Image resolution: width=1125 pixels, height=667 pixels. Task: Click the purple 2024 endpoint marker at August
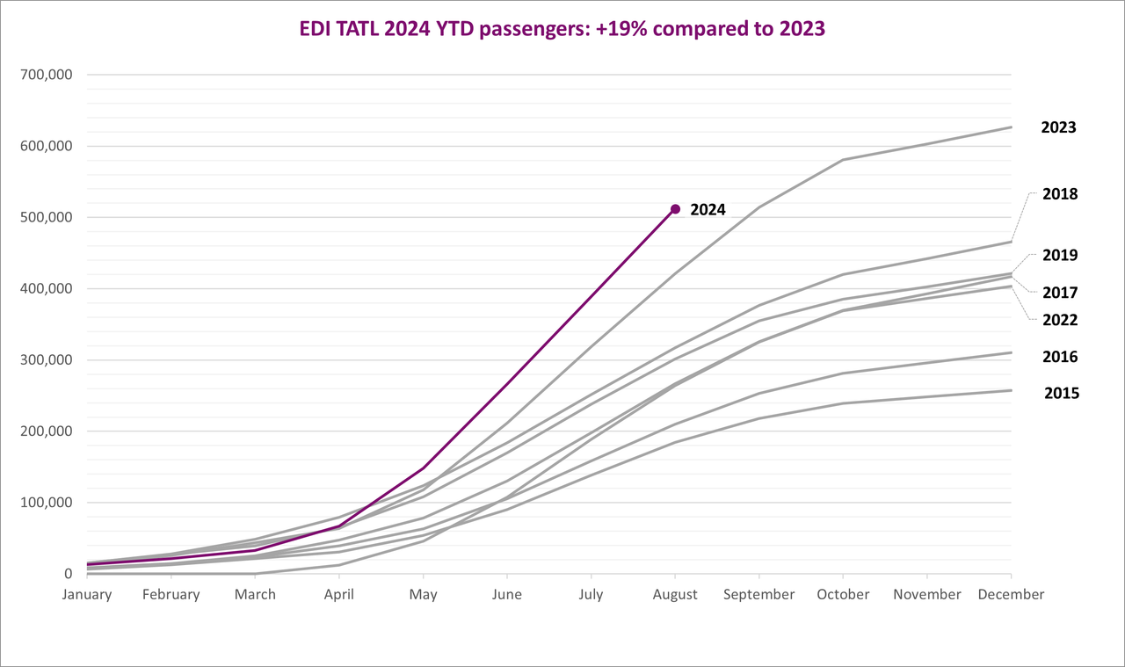point(675,209)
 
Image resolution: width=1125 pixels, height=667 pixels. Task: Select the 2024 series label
point(708,210)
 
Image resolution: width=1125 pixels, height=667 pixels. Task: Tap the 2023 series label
point(1058,127)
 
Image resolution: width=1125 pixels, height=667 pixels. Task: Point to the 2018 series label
point(1060,194)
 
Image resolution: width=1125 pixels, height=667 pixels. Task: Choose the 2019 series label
point(1060,256)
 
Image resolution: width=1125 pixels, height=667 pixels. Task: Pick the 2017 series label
point(1060,293)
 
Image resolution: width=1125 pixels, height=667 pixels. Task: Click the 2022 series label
point(1060,321)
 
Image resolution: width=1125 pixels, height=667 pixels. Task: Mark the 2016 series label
point(1060,358)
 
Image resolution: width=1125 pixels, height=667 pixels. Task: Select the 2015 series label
point(1062,394)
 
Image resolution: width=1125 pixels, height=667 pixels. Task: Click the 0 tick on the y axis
point(68,574)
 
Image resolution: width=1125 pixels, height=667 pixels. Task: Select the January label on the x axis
point(87,595)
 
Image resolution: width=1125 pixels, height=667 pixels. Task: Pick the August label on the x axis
point(675,595)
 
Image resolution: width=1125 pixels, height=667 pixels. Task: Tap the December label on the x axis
point(1011,595)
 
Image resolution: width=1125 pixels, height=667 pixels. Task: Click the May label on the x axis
point(423,595)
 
